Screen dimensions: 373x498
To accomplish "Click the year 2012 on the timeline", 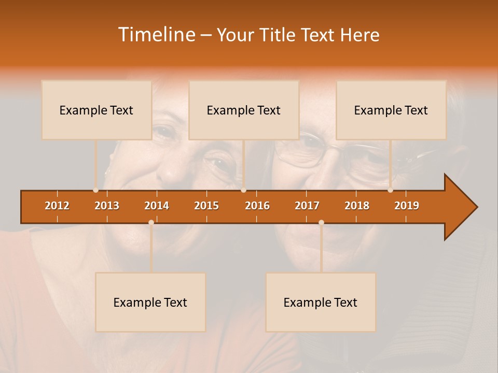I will tap(57, 206).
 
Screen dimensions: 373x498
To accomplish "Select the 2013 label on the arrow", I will tap(107, 206).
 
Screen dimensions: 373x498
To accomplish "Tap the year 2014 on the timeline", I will tap(157, 206).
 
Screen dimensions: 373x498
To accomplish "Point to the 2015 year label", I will tap(206, 206).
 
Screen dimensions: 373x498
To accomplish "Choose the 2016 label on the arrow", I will tap(257, 206).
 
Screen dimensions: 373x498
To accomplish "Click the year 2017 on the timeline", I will tap(307, 206).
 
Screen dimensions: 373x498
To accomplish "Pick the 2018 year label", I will tap(357, 206).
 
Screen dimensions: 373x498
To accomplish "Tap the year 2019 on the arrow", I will tap(407, 206).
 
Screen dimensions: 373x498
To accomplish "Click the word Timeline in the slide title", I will tap(156, 35).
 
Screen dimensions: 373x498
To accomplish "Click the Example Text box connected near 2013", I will tap(96, 110).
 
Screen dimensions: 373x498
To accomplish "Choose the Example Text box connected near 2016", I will tap(244, 110).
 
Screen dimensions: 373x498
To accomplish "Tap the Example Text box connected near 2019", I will tap(391, 110).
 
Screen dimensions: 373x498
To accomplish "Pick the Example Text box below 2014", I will tap(150, 302).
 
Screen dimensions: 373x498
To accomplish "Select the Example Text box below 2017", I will tap(321, 302).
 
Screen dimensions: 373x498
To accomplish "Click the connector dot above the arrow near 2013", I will tap(96, 190).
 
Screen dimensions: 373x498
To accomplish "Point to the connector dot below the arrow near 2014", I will tap(151, 222).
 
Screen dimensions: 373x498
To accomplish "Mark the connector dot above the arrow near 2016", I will tap(243, 190).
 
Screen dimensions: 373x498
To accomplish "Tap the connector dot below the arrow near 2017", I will tap(321, 222).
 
